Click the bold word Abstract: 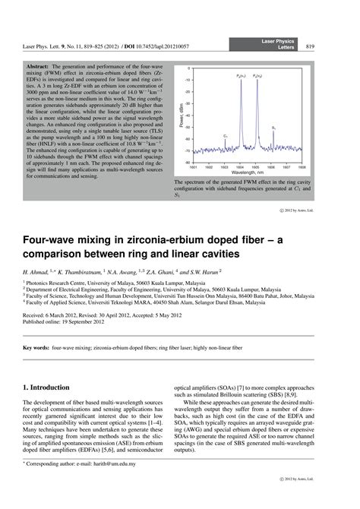click(x=38, y=70)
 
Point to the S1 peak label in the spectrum click(x=273, y=128)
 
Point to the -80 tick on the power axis click(x=188, y=161)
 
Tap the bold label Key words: click(x=37, y=347)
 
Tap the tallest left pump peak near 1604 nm click(x=241, y=84)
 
